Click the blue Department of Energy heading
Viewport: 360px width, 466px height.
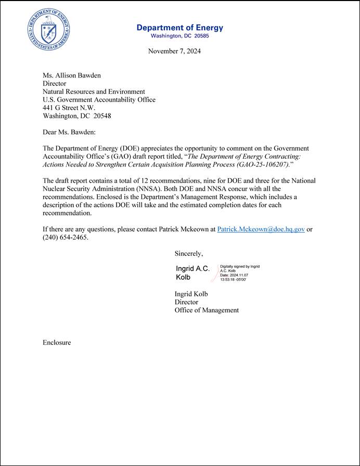(179, 28)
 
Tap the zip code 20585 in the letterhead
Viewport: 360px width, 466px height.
(200, 36)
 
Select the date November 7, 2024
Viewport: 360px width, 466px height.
(174, 51)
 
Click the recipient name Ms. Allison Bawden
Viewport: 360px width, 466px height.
(71, 75)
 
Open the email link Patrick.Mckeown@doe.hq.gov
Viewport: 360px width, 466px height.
(261, 229)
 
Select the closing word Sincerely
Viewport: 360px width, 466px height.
(188, 254)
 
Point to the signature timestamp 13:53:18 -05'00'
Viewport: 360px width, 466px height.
(233, 280)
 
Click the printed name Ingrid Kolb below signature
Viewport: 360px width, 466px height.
(191, 294)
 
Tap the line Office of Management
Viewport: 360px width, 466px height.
(207, 310)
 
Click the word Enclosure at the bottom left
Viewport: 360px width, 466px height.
(57, 343)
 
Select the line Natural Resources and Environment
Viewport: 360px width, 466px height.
(94, 92)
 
